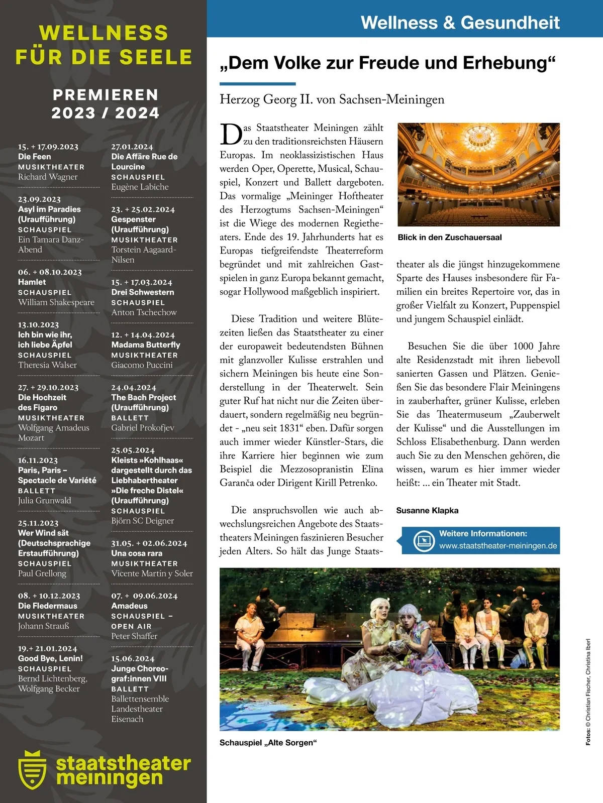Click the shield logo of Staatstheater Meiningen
point(32,769)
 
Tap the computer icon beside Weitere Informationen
point(424,540)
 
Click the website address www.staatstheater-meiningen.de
point(497,546)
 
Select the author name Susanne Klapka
point(427,510)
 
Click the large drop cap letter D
point(231,135)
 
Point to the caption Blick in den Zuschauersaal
point(449,238)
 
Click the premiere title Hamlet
point(32,282)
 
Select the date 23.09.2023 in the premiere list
point(39,199)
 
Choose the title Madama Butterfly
point(145,345)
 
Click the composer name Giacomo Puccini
point(142,365)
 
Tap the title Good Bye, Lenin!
point(50,658)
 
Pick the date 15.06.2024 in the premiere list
point(133,658)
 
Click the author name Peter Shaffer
point(134,636)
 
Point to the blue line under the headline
point(257,84)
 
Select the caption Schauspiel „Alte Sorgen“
point(268,743)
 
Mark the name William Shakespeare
point(56,302)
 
